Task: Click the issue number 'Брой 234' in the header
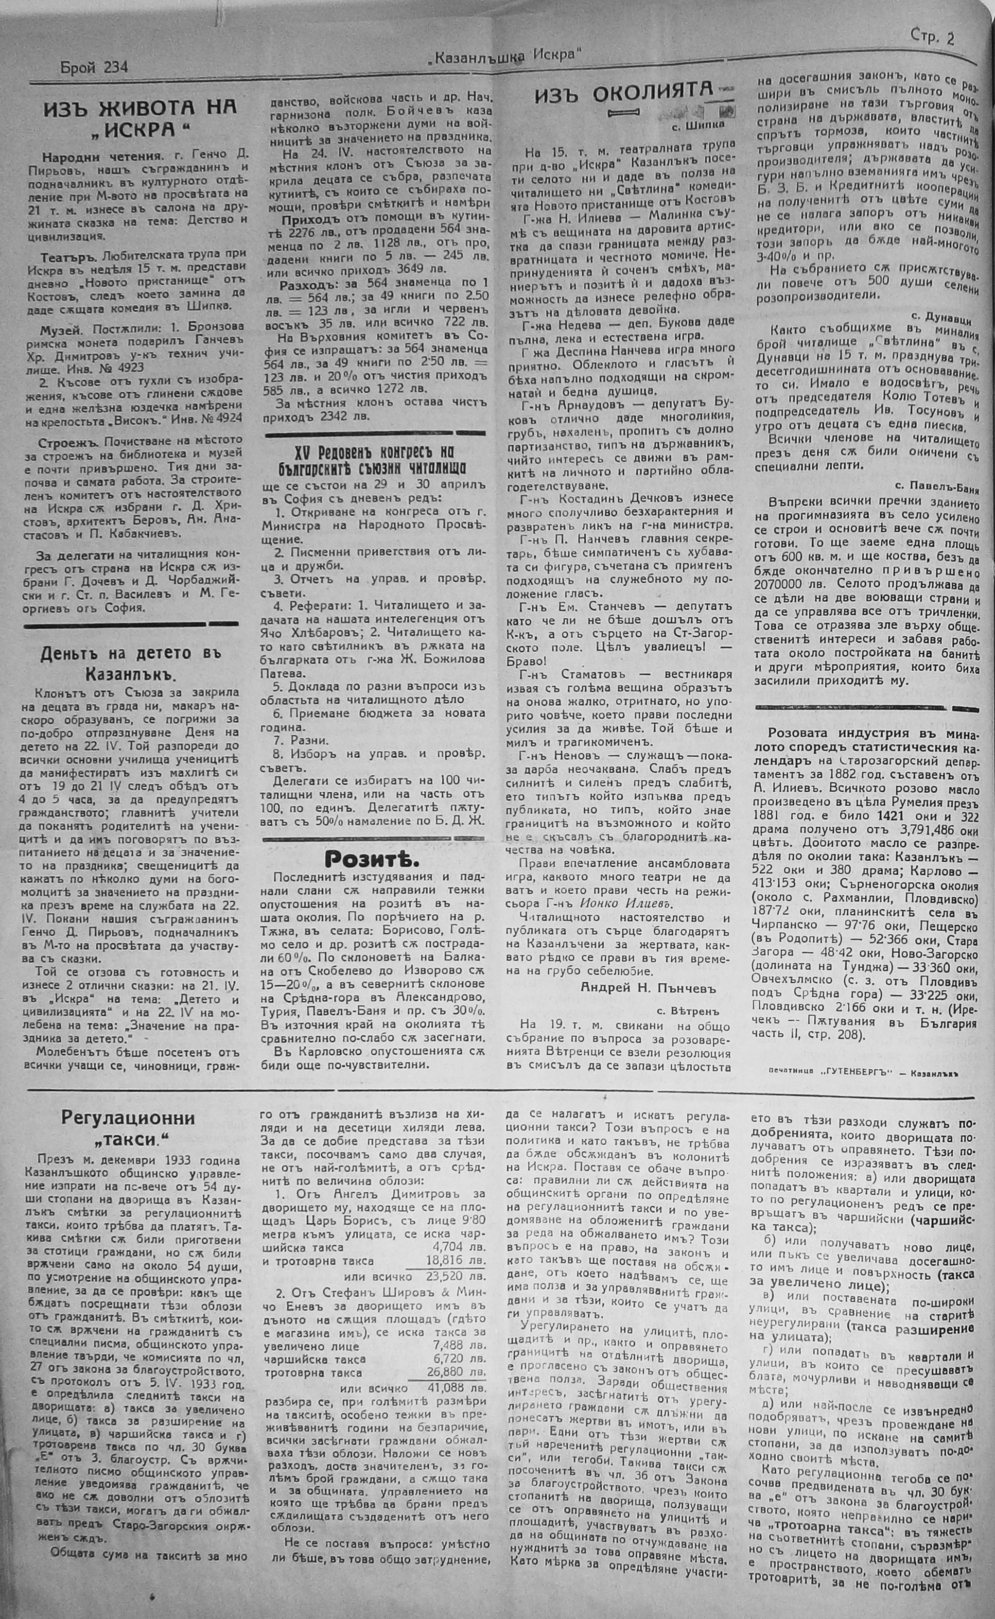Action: coord(93,67)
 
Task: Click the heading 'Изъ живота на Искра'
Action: coord(140,118)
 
